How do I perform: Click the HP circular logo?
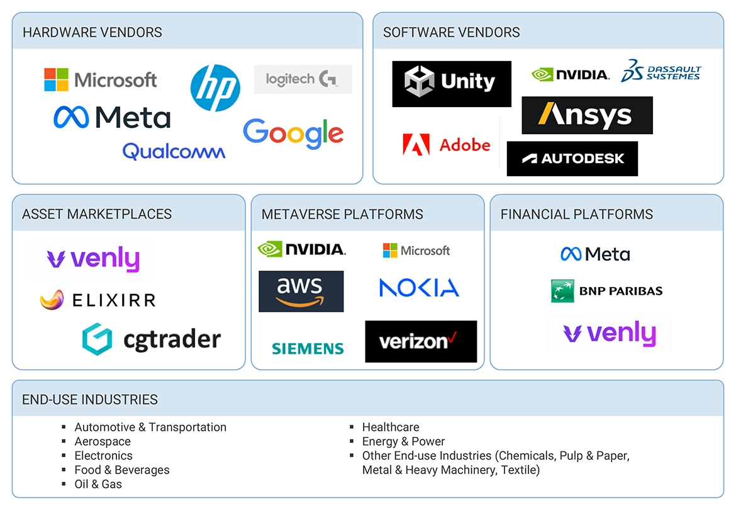[215, 88]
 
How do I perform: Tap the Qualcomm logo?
[174, 151]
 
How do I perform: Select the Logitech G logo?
[303, 79]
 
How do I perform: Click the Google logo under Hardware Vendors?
[293, 134]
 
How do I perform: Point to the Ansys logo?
[587, 115]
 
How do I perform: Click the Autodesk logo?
[572, 159]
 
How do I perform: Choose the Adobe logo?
[446, 145]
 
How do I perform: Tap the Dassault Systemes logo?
[661, 72]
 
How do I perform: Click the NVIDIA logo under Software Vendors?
[570, 75]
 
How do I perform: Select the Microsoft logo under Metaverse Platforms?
[416, 251]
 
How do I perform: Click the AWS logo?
[301, 292]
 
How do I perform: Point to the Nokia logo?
[419, 288]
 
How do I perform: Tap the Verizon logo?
[420, 341]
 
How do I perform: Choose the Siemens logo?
[308, 348]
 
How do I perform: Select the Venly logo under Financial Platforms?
[608, 334]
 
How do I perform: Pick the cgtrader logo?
[151, 339]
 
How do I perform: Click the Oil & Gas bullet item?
[98, 484]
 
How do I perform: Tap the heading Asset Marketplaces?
[97, 214]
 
